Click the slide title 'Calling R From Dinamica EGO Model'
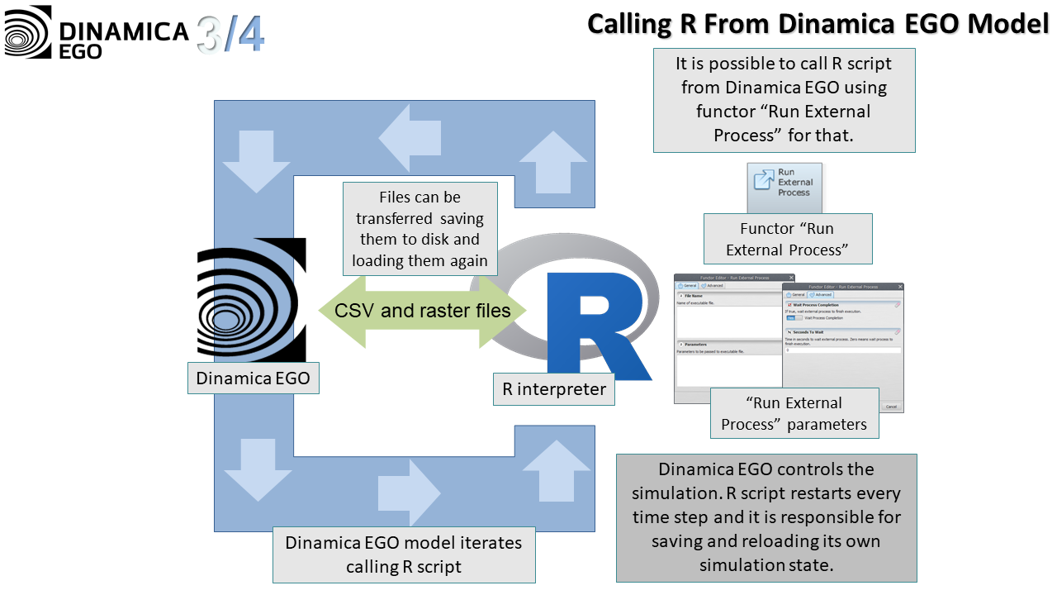(x=818, y=23)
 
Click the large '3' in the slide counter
(x=211, y=35)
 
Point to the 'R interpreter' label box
(x=554, y=388)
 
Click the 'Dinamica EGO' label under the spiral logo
(x=253, y=378)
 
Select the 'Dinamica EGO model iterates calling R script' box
(x=404, y=555)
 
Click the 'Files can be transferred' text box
(x=419, y=229)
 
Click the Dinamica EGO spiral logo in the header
(x=27, y=31)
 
